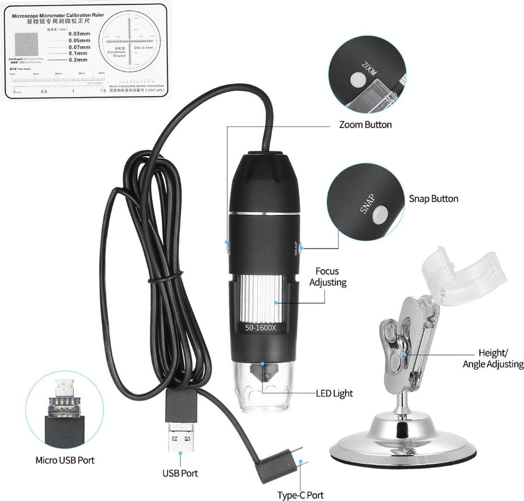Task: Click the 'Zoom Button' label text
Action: click(365, 125)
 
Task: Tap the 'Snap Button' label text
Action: click(433, 199)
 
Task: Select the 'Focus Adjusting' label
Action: click(327, 277)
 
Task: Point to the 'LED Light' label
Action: click(334, 394)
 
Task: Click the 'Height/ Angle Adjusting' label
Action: click(493, 358)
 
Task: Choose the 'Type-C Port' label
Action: click(300, 495)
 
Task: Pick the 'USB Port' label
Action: click(180, 473)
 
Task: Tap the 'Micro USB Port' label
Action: click(65, 460)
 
